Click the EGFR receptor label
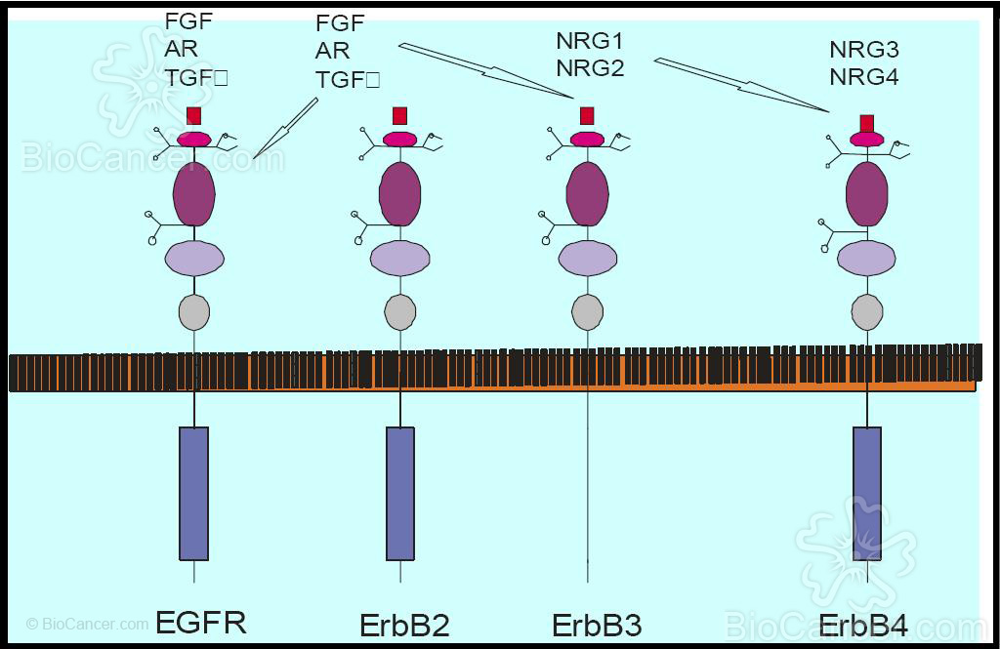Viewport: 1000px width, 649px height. (200, 622)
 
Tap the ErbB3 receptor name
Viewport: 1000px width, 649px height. (597, 624)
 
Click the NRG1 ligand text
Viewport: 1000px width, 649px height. (589, 42)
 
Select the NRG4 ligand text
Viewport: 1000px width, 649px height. (863, 76)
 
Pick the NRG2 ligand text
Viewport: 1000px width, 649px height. (589, 68)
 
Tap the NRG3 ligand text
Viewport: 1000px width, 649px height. (863, 50)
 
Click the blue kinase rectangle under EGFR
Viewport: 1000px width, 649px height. (193, 493)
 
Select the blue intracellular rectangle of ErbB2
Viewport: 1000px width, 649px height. (399, 493)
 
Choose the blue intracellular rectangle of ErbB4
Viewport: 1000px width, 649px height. (867, 493)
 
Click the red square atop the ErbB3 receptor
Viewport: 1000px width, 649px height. (587, 116)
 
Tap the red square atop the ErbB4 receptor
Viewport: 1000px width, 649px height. (866, 123)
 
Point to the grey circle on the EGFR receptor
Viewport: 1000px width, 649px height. (194, 312)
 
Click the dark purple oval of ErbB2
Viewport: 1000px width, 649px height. (399, 193)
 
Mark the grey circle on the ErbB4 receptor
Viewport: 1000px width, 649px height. (867, 312)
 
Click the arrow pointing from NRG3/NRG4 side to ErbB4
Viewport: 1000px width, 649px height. (742, 85)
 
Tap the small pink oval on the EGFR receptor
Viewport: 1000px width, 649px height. (193, 139)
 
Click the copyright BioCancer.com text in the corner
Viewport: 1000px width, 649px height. (88, 623)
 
